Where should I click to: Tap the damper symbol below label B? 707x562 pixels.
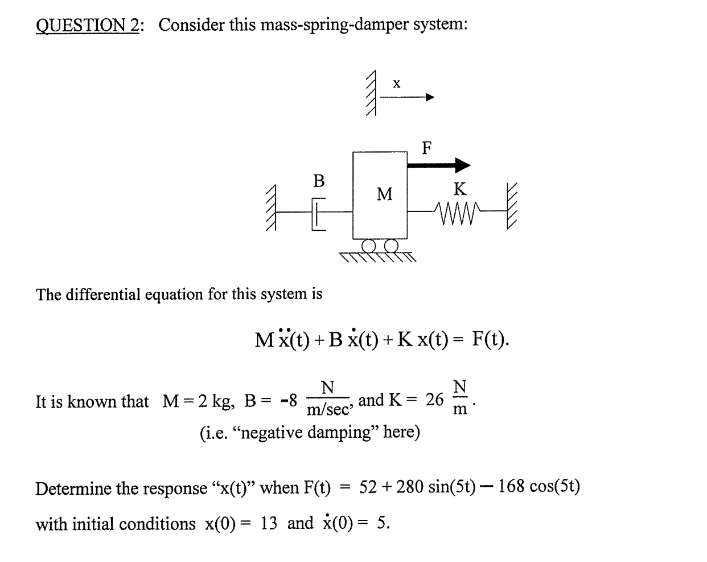point(318,213)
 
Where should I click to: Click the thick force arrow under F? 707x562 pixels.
point(439,166)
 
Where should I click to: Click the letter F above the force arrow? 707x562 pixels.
point(426,148)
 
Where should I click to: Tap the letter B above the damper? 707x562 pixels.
point(319,181)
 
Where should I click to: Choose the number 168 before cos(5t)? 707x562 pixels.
point(511,487)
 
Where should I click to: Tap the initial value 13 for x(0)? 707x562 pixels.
point(269,523)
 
